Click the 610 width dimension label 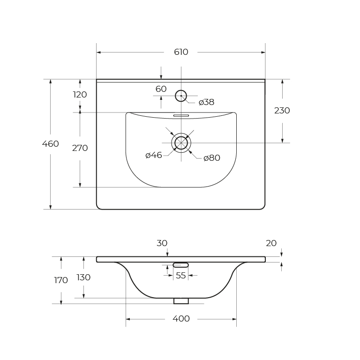[181, 52]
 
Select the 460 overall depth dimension [51, 144]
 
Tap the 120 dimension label [80, 95]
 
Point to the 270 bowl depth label [80, 148]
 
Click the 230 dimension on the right [282, 111]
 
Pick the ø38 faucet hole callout [206, 102]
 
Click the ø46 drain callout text [154, 155]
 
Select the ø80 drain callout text [212, 158]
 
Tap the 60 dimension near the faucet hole [161, 89]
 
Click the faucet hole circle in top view [181, 96]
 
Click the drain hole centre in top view [181, 143]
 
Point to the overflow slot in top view [181, 115]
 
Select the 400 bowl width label [181, 319]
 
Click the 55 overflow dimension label [180, 276]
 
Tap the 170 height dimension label [61, 280]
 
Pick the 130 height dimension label [83, 277]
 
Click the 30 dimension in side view [162, 243]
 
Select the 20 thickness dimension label [271, 243]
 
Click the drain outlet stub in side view [181, 301]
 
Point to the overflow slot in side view [180, 265]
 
